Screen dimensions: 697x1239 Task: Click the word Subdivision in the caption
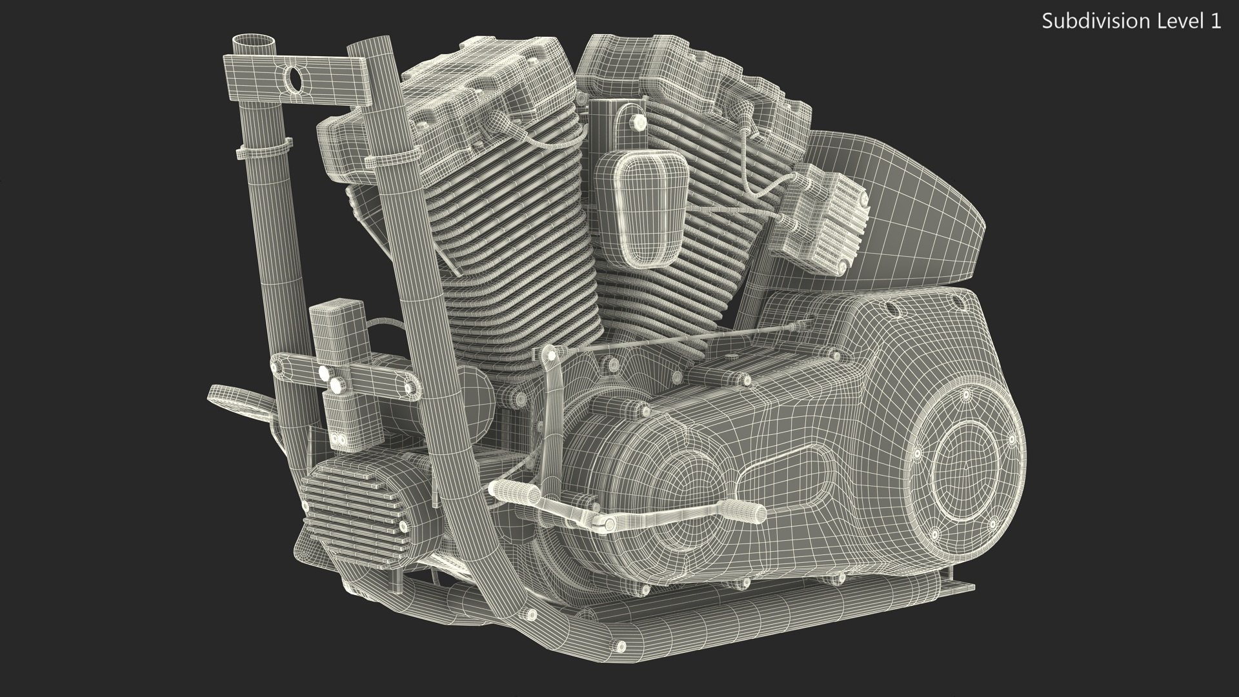tap(1082, 21)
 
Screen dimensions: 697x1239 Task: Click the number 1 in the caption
tap(1215, 21)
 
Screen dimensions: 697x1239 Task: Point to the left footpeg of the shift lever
tap(514, 493)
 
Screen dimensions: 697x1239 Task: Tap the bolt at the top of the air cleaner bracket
tap(640, 122)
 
